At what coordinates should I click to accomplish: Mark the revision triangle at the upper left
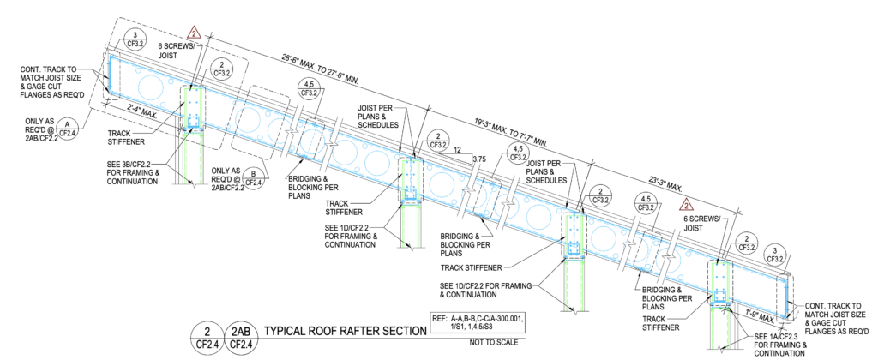(x=195, y=33)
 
